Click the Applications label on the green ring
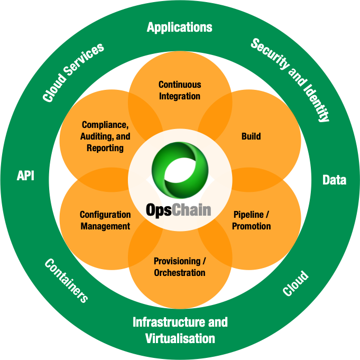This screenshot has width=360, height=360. click(180, 27)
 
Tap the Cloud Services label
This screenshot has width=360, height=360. click(73, 72)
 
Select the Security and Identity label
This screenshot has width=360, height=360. click(290, 80)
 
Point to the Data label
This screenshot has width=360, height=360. click(334, 180)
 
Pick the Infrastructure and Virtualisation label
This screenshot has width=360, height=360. click(180, 330)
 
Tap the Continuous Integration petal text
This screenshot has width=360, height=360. click(180, 90)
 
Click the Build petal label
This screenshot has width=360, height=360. click(251, 136)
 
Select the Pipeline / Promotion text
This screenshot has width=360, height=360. click(252, 220)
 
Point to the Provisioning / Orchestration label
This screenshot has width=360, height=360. click(180, 267)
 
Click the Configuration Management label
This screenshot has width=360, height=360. click(105, 220)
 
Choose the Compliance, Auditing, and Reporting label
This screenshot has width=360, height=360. click(105, 136)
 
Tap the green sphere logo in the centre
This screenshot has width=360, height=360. click(180, 167)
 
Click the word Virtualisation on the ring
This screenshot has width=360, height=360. click(180, 338)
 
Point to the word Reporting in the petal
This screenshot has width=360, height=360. click(105, 148)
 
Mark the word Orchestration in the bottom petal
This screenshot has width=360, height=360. click(180, 273)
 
